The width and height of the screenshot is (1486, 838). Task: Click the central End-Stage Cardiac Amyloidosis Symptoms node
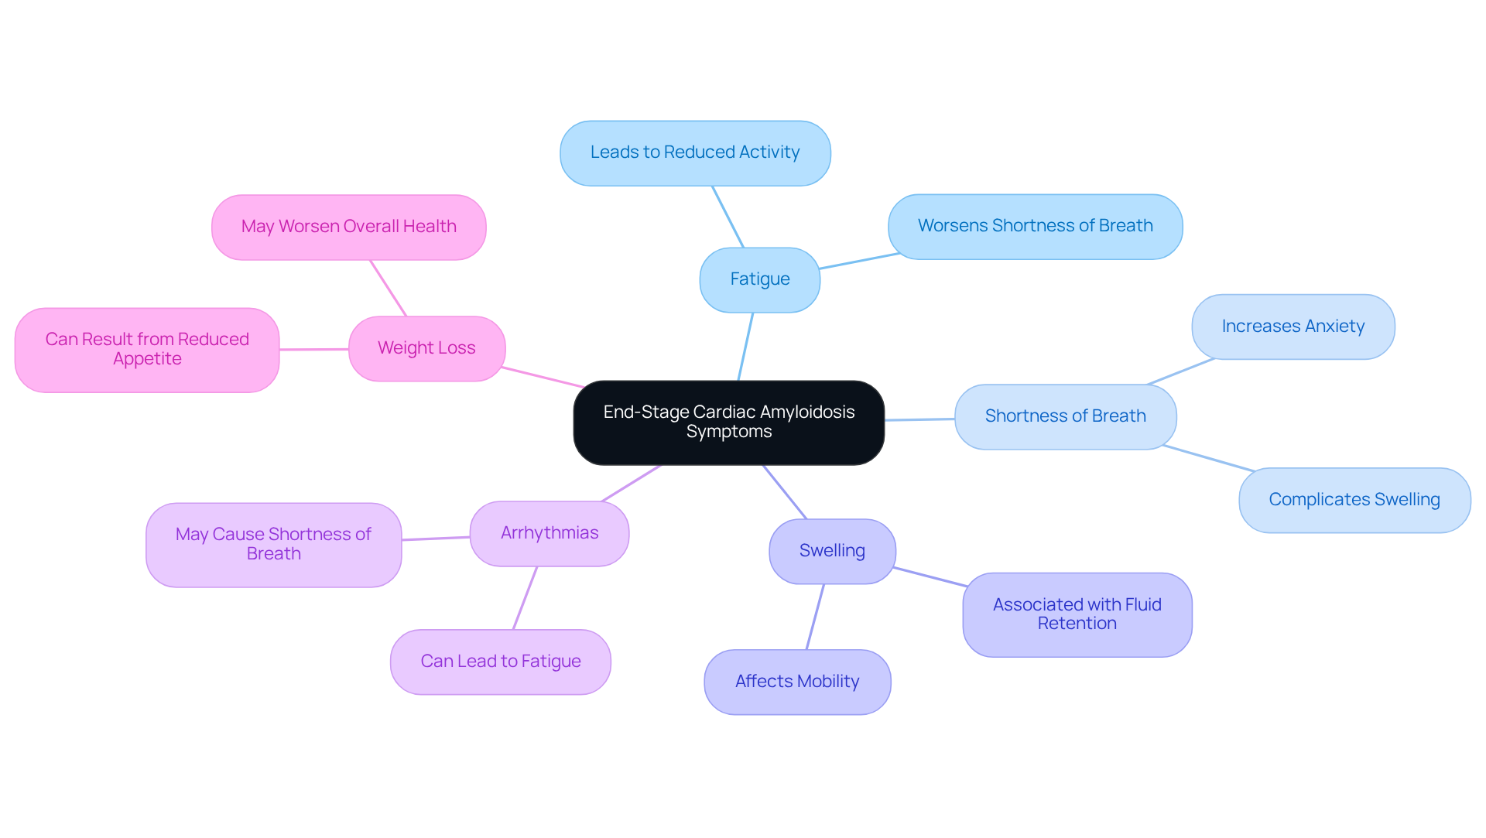(728, 422)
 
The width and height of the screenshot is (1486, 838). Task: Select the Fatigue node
(759, 279)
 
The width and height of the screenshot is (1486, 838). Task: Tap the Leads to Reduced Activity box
(695, 152)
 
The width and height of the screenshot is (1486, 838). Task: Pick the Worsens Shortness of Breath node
(1035, 226)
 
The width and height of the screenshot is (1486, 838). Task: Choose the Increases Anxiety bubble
(1293, 327)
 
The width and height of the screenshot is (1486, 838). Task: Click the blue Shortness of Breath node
(1065, 416)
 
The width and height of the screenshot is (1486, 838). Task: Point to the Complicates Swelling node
(1354, 500)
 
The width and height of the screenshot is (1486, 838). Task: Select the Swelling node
(832, 551)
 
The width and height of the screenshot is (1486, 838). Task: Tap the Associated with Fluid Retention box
(1077, 614)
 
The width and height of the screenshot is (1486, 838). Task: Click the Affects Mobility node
(797, 682)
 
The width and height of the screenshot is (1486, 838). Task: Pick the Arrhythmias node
(550, 533)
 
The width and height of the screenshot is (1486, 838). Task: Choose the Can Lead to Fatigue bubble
(500, 662)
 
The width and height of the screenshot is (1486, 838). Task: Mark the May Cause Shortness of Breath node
(273, 544)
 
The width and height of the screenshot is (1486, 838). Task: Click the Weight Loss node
(426, 348)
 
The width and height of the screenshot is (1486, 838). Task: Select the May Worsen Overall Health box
(348, 227)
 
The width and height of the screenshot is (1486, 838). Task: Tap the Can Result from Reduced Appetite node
(147, 350)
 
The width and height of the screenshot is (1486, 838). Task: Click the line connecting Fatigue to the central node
(745, 347)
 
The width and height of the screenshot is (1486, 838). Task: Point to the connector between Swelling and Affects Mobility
(815, 617)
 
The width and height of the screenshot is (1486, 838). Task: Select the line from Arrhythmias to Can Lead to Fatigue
(525, 598)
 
